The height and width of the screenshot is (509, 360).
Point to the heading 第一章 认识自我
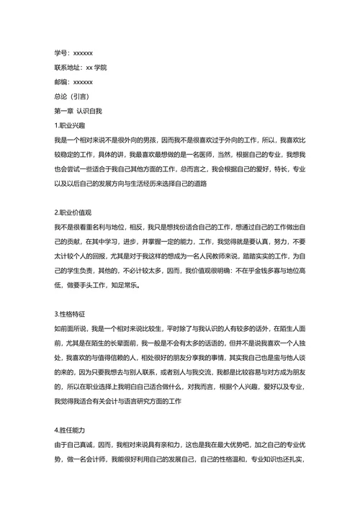coord(78,111)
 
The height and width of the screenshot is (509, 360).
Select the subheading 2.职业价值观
coord(75,212)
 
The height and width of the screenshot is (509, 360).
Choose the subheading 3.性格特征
coord(72,315)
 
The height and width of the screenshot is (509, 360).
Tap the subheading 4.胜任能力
coord(72,429)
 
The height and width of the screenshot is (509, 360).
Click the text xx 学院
coord(96,67)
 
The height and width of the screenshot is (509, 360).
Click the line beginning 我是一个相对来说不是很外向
coord(179,140)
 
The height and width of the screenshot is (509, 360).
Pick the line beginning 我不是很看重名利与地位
coord(179,227)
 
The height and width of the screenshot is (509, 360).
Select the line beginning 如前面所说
coord(179,329)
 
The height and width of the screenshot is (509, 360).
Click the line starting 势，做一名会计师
coord(179,459)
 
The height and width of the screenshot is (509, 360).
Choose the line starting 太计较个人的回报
coord(179,256)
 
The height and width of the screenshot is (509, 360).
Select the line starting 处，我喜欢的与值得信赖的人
coord(179,358)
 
